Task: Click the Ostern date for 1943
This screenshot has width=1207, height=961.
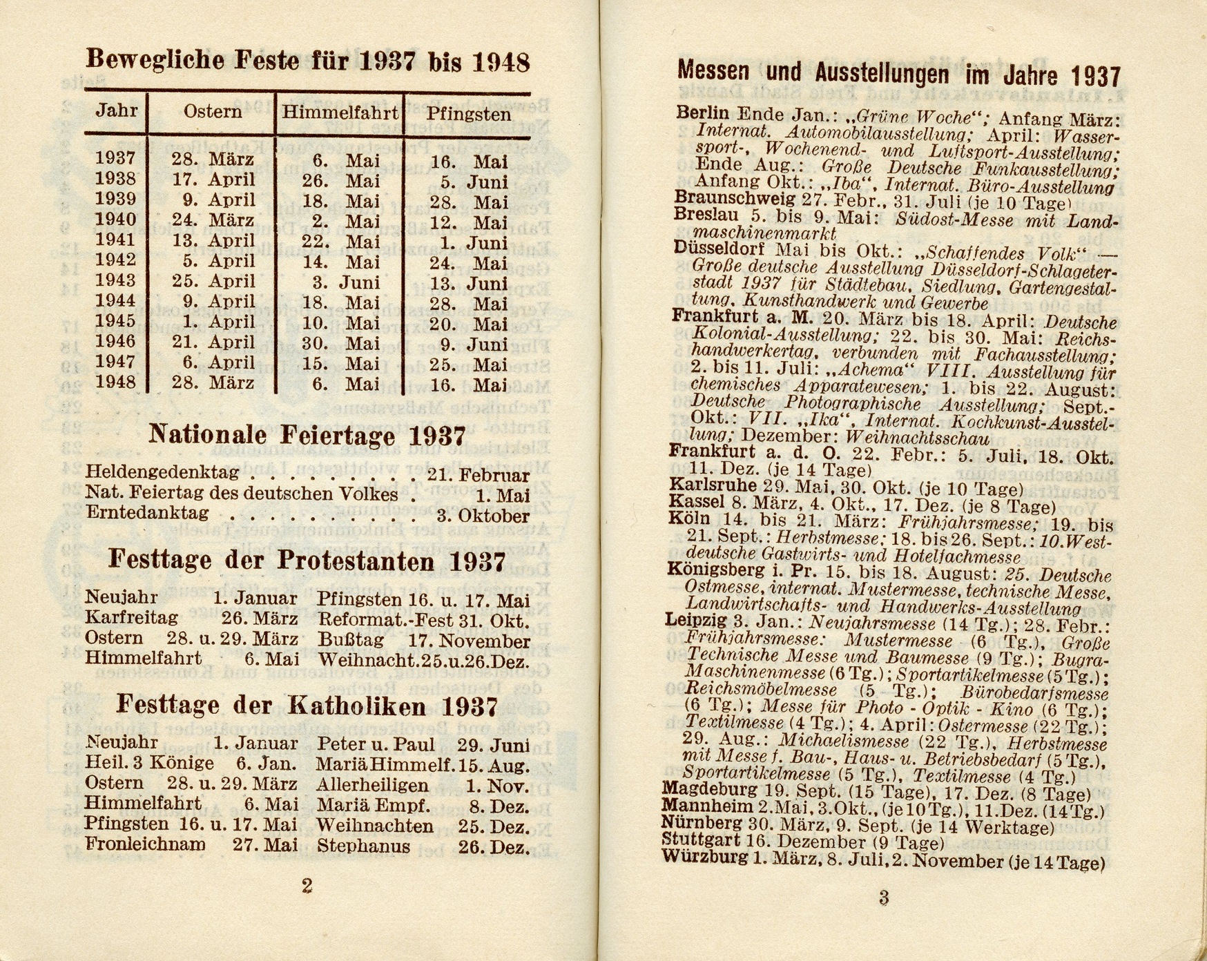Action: click(213, 282)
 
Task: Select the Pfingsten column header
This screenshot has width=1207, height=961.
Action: click(468, 113)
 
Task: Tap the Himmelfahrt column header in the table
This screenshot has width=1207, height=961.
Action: click(340, 113)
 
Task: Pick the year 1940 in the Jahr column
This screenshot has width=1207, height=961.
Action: click(115, 220)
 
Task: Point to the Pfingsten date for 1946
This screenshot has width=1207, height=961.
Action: click(473, 344)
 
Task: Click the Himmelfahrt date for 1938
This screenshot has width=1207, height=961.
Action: click(341, 182)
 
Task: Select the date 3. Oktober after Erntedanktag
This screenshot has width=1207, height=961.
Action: click(483, 516)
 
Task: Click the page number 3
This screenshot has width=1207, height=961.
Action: click(883, 898)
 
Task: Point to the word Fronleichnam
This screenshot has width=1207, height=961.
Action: click(145, 844)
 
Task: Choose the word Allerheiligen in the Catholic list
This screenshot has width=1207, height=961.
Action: click(372, 786)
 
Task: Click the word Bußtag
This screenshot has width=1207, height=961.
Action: click(350, 640)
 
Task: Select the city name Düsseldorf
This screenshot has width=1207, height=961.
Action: click(721, 249)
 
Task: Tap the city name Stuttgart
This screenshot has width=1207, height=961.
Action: click(700, 841)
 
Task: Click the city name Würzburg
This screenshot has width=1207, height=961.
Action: click(704, 858)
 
